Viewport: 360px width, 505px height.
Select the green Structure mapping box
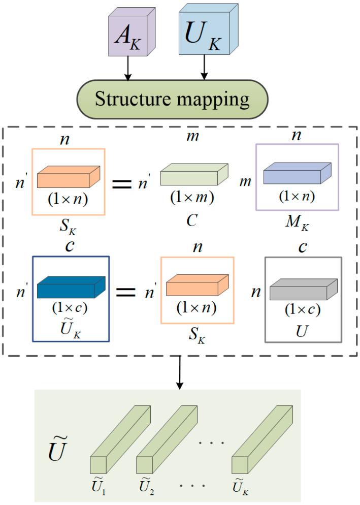[x=172, y=99]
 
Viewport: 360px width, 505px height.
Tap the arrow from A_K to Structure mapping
[x=128, y=69]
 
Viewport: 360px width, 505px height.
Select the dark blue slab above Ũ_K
[x=71, y=287]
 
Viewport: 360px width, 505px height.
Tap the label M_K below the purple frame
[x=298, y=222]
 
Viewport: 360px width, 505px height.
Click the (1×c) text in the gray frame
[x=303, y=309]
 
